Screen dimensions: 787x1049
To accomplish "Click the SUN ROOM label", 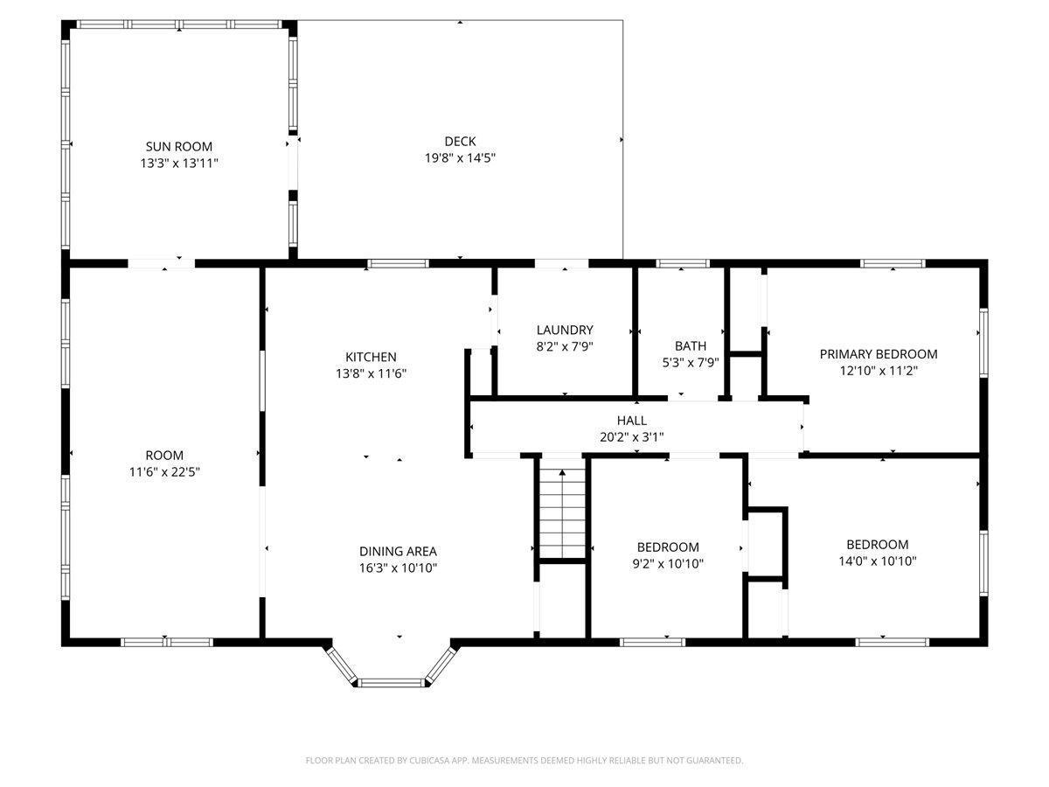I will point(178,147).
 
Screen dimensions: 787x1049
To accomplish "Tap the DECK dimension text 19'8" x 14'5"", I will point(460,157).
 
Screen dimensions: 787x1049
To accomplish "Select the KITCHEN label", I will point(371,357).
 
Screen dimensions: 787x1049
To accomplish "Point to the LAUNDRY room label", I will point(565,330).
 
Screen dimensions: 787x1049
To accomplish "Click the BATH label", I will point(690,345).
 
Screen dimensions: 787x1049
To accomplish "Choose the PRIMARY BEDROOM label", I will point(878,354).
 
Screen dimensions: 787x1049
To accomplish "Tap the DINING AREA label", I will point(398,551).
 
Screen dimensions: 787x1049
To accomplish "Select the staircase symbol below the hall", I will point(560,512).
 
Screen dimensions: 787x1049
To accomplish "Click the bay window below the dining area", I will point(393,681).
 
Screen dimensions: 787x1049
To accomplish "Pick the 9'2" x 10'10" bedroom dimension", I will point(667,563).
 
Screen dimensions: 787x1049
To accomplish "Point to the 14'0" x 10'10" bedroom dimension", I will point(877,561).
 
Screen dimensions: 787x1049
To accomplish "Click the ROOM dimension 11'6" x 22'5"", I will point(164,471).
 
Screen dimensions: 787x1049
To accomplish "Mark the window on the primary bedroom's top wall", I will point(893,262).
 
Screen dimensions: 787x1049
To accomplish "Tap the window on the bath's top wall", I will point(683,262).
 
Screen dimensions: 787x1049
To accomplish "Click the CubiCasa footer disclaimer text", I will point(524,761).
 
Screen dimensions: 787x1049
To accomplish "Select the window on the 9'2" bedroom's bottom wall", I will point(652,642).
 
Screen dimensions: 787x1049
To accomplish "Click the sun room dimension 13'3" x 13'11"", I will point(178,163).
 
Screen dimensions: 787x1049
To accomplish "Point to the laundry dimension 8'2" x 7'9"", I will point(565,345).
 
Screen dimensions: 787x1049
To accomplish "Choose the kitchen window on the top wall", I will point(398,262).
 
